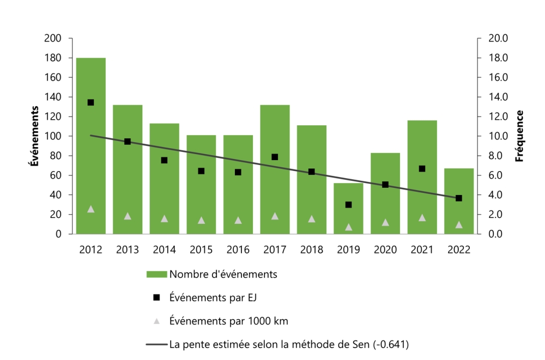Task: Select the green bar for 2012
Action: click(91, 163)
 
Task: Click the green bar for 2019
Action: click(348, 218)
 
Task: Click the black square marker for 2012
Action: click(91, 102)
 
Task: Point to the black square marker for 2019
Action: click(348, 205)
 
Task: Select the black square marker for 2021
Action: click(422, 169)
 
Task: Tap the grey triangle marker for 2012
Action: click(91, 209)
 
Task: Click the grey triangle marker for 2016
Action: click(238, 220)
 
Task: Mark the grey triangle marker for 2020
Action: click(385, 222)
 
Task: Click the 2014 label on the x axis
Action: click(164, 249)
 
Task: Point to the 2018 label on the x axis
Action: click(311, 249)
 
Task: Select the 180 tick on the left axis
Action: click(53, 58)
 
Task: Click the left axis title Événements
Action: click(34, 136)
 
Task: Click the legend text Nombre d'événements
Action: click(223, 274)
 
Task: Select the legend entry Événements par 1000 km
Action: click(228, 321)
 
